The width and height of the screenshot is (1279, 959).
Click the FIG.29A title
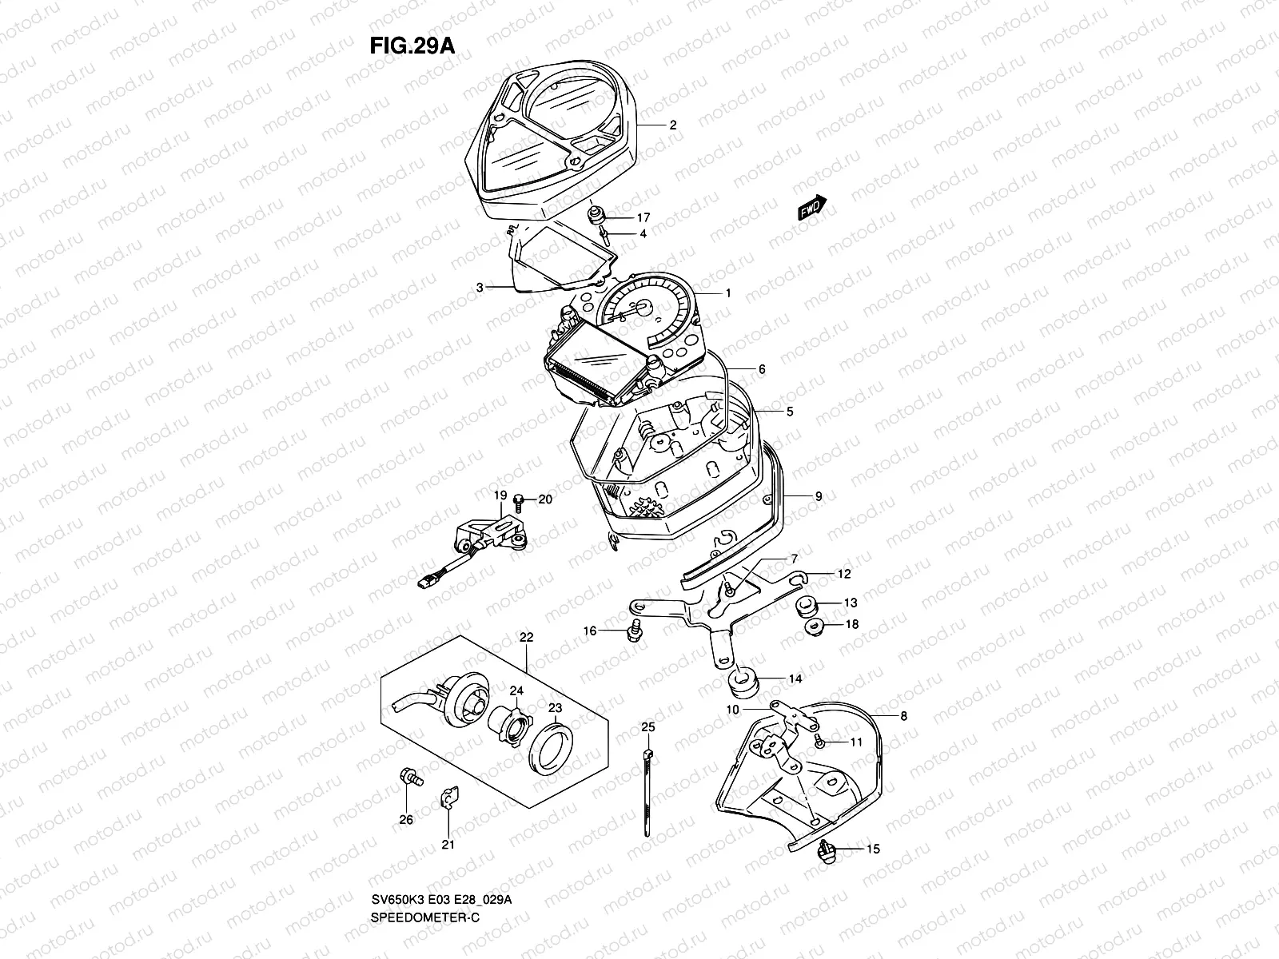point(412,46)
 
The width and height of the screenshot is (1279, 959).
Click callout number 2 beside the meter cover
point(672,125)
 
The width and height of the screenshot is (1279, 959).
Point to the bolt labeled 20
point(517,501)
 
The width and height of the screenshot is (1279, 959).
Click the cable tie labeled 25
point(646,791)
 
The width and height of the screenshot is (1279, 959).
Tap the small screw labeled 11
point(821,742)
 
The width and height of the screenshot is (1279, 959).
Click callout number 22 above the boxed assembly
point(526,638)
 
